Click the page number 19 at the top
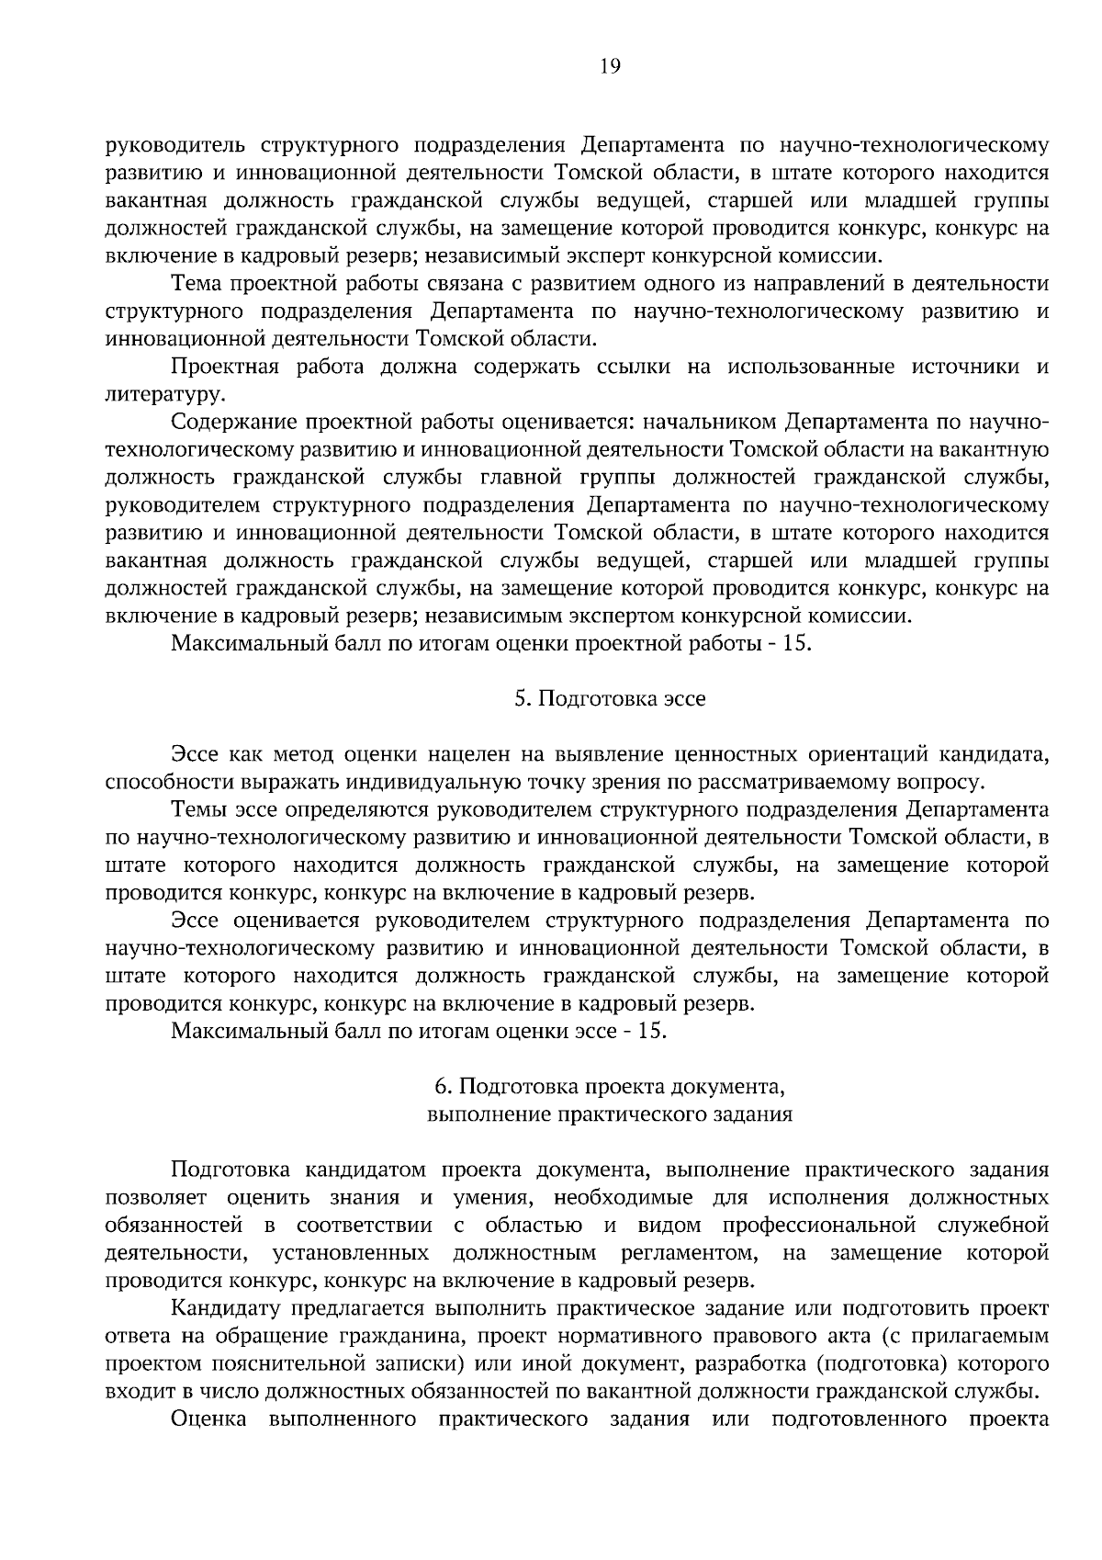(x=610, y=65)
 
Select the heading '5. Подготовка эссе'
(x=610, y=699)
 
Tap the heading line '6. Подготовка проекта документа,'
(x=610, y=1087)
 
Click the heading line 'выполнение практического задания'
(x=610, y=1114)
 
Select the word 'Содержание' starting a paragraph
(x=233, y=423)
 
